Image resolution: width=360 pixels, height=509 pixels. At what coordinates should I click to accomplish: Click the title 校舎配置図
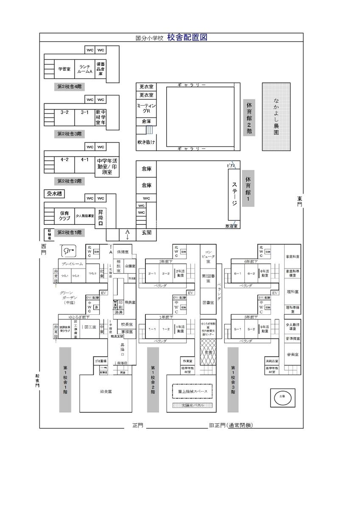[187, 37]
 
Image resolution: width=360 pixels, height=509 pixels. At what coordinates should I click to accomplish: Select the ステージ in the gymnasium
[234, 194]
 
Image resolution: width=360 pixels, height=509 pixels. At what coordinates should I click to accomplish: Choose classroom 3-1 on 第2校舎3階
[85, 113]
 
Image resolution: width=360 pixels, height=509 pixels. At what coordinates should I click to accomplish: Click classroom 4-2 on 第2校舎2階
[64, 160]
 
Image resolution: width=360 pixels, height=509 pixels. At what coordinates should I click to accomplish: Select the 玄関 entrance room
[147, 232]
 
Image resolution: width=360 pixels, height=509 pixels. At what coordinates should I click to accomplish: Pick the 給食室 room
[106, 392]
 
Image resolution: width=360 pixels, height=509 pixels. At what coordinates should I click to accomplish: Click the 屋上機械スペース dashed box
[192, 391]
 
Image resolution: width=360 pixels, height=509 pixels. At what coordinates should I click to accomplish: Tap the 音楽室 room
[293, 354]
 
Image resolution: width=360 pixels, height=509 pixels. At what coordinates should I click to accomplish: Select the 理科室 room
[293, 292]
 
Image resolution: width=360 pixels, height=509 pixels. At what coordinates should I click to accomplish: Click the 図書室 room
[208, 303]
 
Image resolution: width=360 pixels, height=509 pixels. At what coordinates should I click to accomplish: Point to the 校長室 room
[125, 324]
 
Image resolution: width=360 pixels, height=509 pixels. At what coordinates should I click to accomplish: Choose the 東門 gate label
[299, 201]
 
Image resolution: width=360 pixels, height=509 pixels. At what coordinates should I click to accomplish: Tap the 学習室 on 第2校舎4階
[64, 69]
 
